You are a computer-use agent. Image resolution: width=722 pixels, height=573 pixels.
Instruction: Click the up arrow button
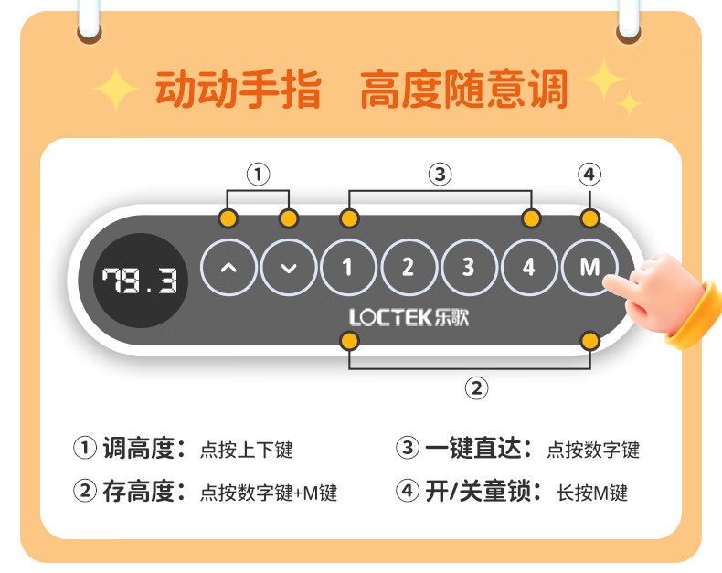(229, 268)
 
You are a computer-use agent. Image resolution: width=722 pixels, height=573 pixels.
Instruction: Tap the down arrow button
(289, 268)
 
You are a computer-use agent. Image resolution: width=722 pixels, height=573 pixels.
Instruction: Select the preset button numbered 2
(408, 268)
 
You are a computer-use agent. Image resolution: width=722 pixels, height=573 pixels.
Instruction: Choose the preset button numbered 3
(468, 268)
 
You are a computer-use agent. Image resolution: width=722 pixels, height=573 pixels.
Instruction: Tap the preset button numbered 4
(528, 268)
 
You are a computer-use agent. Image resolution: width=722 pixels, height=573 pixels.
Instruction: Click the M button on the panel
(589, 268)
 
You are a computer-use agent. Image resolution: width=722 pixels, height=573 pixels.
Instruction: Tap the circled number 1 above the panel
(259, 174)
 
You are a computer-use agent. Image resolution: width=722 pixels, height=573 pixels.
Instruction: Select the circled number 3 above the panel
(440, 174)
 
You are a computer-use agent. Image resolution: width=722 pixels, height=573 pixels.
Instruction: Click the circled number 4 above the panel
(589, 174)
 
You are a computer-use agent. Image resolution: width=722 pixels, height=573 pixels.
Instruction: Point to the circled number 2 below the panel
(476, 388)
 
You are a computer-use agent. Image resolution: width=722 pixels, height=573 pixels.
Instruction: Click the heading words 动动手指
(239, 90)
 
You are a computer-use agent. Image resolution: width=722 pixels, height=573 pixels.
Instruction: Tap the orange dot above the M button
(589, 218)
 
